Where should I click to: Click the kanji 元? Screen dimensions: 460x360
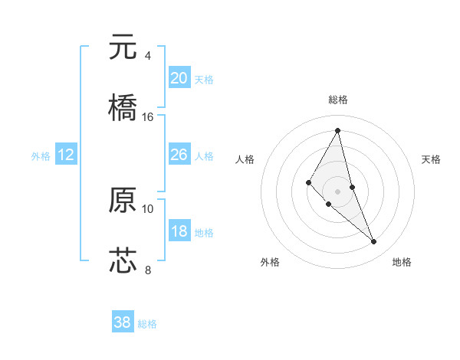click(123, 47)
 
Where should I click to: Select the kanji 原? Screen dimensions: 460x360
click(123, 200)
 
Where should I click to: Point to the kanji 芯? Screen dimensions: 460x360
click(123, 260)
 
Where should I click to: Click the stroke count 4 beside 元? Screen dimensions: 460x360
click(148, 56)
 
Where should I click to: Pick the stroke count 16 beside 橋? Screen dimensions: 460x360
click(148, 116)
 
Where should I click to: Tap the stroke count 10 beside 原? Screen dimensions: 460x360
click(148, 208)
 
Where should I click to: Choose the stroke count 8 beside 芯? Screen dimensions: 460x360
click(148, 269)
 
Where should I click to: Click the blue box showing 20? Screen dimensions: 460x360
click(179, 78)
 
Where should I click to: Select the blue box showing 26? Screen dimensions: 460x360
click(179, 155)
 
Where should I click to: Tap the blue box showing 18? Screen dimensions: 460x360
click(179, 231)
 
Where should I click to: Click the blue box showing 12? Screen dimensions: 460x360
click(66, 155)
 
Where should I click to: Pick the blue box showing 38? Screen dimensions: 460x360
click(123, 322)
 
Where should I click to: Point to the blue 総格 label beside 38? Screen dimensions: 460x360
click(147, 324)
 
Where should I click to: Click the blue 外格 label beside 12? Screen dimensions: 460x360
click(41, 156)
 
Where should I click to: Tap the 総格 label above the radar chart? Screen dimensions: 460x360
click(338, 100)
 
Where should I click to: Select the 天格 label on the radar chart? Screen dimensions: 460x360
click(432, 159)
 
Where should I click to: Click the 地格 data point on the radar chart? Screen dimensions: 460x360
click(374, 242)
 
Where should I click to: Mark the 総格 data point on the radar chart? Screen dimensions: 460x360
click(338, 130)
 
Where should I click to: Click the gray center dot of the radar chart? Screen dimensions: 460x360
click(338, 191)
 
